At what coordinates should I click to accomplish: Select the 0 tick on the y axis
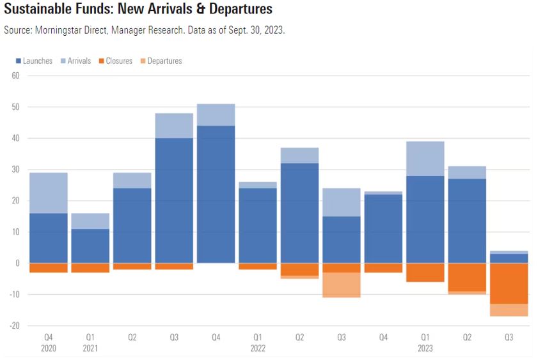[x=18, y=263]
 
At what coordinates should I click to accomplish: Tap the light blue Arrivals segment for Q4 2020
[x=48, y=193]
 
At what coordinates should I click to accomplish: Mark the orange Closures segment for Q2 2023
[x=468, y=277]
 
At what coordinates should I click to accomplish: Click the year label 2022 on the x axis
[x=258, y=348]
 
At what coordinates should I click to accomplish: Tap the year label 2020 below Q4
[x=48, y=348]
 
